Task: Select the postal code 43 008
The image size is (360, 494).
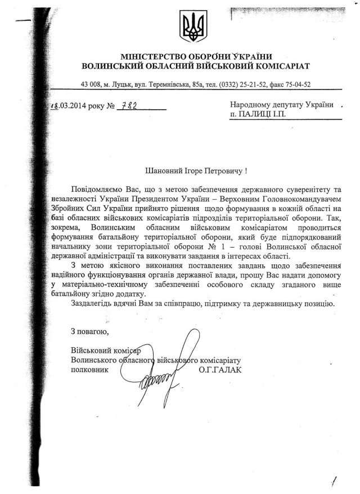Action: (x=92, y=84)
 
